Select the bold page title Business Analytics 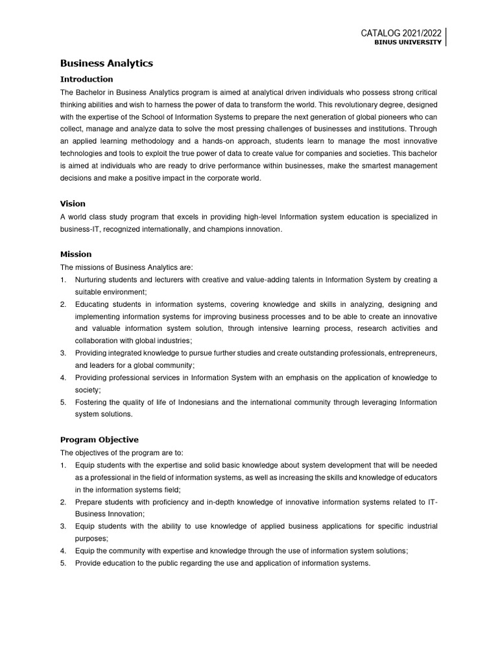(x=106, y=63)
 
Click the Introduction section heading (x=86, y=79)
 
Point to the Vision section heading (x=73, y=203)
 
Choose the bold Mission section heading (x=76, y=254)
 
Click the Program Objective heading (x=99, y=440)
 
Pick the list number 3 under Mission (x=64, y=353)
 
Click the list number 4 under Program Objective (x=64, y=551)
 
